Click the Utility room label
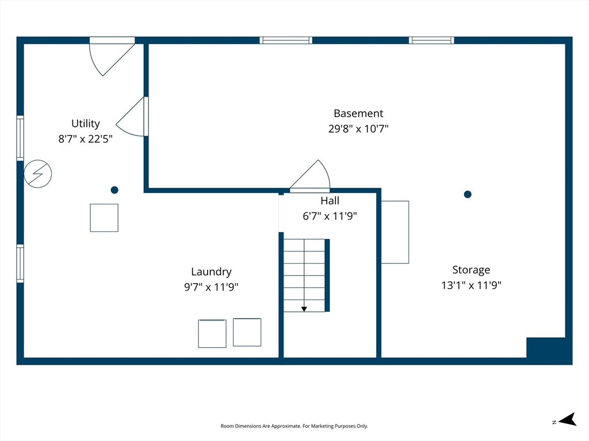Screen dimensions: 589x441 pos(86,124)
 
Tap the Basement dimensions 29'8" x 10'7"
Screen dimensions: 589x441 pos(358,129)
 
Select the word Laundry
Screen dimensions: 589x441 pos(211,272)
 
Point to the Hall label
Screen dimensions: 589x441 pos(330,200)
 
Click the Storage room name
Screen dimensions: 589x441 pos(471,270)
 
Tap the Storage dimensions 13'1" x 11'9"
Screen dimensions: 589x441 pos(471,285)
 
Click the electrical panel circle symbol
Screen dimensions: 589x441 pos(37,173)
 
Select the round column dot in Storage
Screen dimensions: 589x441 pos(468,194)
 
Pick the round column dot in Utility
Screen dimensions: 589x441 pos(114,190)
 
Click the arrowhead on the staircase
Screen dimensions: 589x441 pos(304,309)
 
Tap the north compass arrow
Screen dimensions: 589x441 pos(567,420)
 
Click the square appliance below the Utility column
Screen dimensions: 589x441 pos(104,218)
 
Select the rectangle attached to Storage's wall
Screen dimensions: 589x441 pos(395,232)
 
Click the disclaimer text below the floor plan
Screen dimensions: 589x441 pos(294,426)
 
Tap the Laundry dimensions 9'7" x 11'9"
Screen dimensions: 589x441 pos(211,287)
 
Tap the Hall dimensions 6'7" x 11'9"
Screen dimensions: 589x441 pos(330,216)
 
